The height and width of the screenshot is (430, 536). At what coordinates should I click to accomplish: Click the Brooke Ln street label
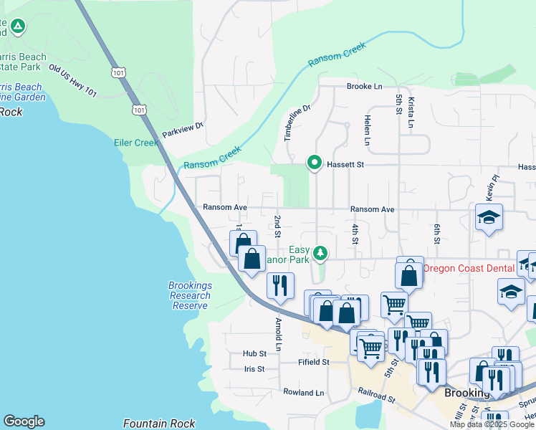pyautogui.click(x=364, y=87)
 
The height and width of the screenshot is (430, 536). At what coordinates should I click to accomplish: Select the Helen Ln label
pyautogui.click(x=366, y=130)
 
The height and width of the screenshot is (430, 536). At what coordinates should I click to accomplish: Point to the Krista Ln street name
pyautogui.click(x=411, y=113)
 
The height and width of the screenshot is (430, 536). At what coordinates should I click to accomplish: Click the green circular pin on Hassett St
pyautogui.click(x=314, y=163)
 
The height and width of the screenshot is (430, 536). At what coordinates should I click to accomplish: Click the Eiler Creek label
pyautogui.click(x=136, y=143)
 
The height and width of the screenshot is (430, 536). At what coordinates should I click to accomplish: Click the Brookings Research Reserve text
pyautogui.click(x=190, y=295)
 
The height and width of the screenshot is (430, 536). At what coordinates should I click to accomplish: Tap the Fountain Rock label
pyautogui.click(x=159, y=424)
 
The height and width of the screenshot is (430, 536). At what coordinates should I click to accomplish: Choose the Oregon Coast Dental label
pyautogui.click(x=469, y=269)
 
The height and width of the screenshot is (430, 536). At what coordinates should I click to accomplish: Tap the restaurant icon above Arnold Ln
pyautogui.click(x=280, y=285)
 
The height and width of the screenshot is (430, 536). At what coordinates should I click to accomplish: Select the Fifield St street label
pyautogui.click(x=313, y=363)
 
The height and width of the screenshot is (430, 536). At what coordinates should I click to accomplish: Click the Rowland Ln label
pyautogui.click(x=303, y=393)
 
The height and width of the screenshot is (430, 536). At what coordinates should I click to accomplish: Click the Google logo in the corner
pyautogui.click(x=24, y=421)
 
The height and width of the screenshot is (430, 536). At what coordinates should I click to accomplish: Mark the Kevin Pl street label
pyautogui.click(x=494, y=188)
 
